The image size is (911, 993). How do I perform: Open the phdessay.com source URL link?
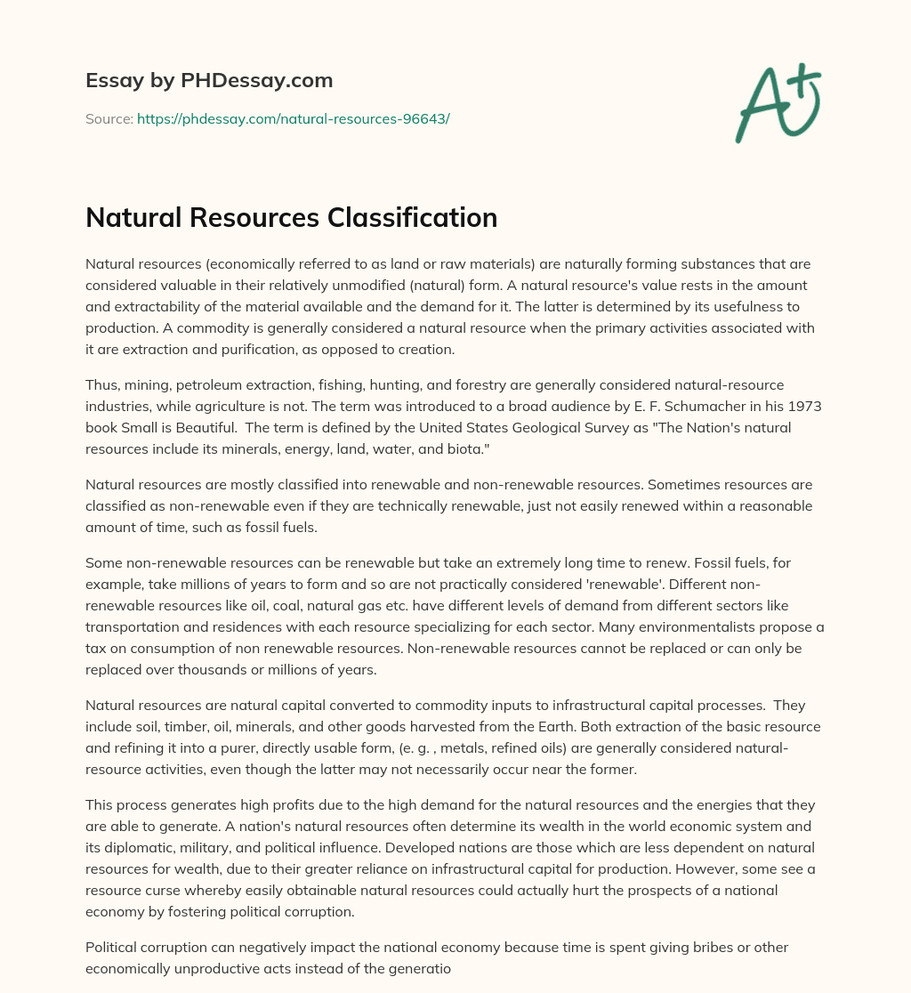(x=293, y=118)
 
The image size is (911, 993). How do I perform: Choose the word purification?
(x=259, y=349)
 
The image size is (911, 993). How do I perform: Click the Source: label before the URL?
(x=109, y=118)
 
